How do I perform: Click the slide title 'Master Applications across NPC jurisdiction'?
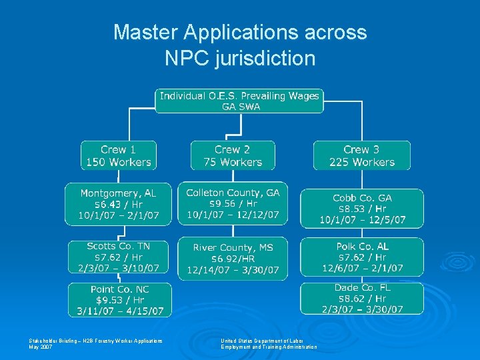240,45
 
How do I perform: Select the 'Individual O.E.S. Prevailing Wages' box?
240,101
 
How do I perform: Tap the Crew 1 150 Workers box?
119,155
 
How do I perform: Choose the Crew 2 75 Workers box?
232,155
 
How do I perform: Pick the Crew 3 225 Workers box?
362,155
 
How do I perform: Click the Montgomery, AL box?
118,204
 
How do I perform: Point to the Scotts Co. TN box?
119,257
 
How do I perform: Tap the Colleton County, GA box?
233,204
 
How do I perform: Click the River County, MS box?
233,259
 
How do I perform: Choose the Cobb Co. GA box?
362,209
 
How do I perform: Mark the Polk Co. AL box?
362,257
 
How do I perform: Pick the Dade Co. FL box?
362,298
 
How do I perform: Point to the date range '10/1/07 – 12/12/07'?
233,215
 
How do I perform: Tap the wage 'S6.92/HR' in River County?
233,259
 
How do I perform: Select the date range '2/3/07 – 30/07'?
362,309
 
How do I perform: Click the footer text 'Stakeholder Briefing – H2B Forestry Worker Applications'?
95,341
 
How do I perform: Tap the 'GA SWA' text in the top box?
240,107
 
